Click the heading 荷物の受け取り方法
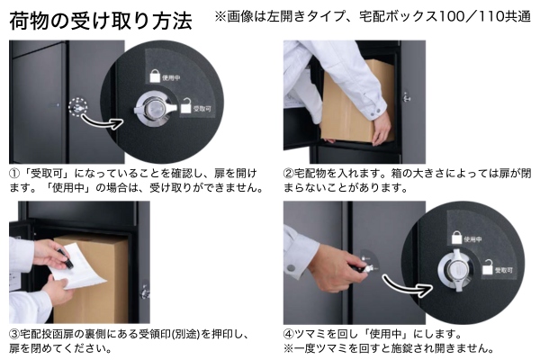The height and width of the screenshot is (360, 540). click(101, 21)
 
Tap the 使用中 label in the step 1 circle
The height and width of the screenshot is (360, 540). click(171, 78)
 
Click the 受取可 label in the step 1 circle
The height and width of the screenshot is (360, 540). click(202, 109)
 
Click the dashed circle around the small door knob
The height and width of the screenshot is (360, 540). click(78, 107)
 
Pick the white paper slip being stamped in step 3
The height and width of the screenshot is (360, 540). click(78, 266)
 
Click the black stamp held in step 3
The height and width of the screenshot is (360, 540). click(66, 260)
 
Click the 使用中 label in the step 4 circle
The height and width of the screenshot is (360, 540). click(472, 239)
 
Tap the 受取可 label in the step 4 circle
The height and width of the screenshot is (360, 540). click(504, 270)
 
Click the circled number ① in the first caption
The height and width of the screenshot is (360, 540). click(14, 174)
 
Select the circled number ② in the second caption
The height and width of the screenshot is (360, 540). click(289, 174)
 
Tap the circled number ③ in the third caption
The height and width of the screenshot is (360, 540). click(14, 334)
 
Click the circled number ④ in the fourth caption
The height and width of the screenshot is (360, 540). click(289, 334)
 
